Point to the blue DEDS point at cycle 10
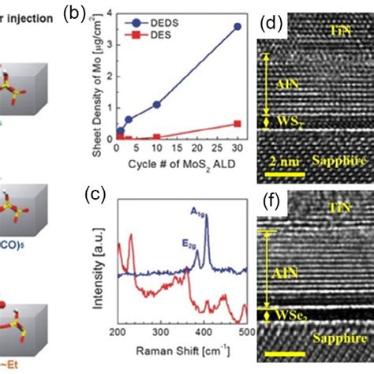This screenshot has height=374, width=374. (x=157, y=104)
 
